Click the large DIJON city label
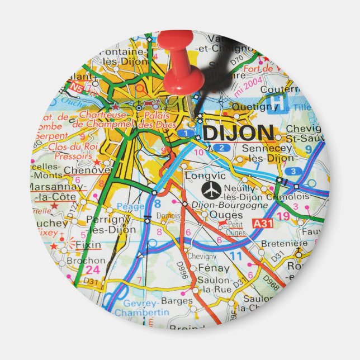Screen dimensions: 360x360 [238, 133]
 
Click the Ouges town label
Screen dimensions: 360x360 [215, 215]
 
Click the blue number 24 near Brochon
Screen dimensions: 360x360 [78, 271]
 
